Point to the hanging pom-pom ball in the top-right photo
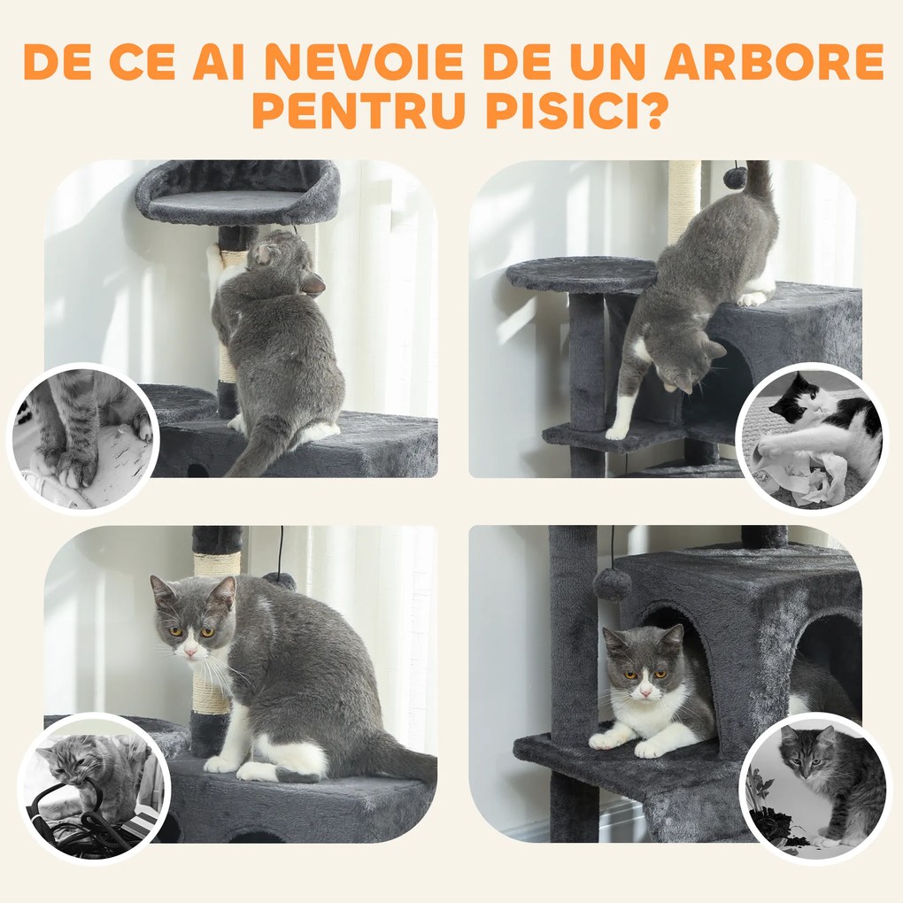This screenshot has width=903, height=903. [x=735, y=177]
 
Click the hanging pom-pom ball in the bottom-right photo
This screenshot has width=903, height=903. [x=612, y=584]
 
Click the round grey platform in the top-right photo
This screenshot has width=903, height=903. [x=581, y=274]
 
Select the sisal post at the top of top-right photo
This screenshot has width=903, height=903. [x=683, y=199]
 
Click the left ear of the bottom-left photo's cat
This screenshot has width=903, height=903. [x=162, y=589]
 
